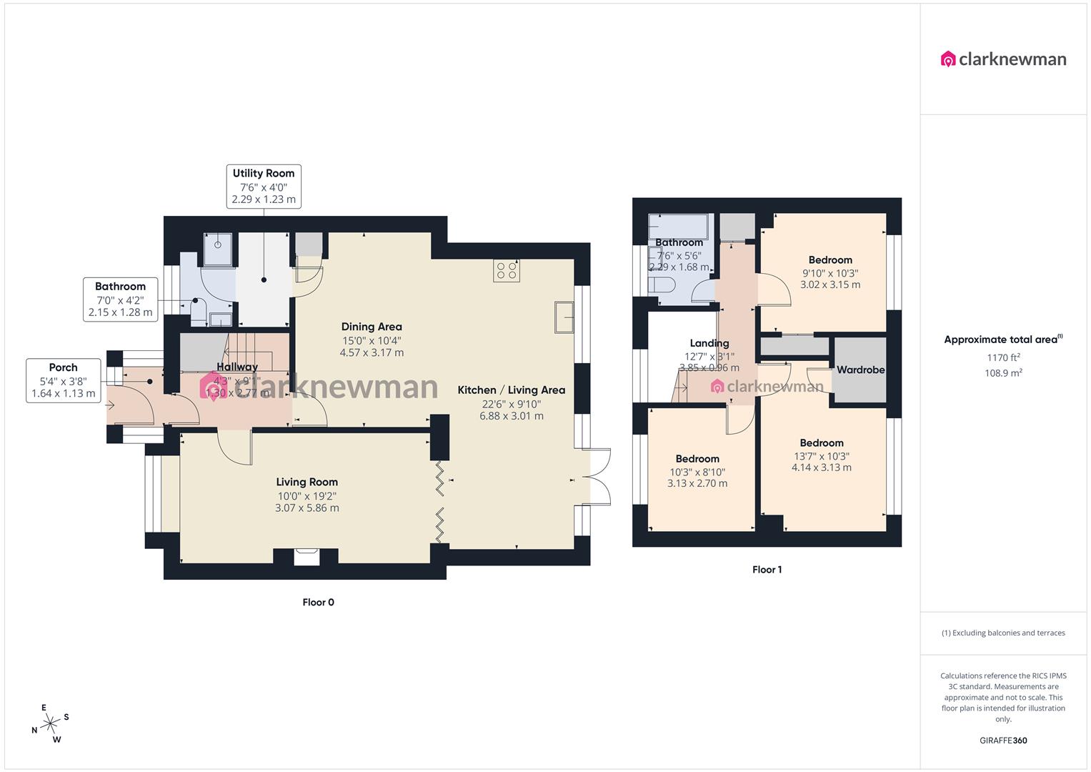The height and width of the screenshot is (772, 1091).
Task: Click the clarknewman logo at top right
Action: coord(1003,59)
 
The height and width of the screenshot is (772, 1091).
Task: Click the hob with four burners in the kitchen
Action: coord(507,271)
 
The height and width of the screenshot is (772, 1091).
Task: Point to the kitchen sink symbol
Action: coord(564,317)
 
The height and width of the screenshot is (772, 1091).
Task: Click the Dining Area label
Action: coord(372,327)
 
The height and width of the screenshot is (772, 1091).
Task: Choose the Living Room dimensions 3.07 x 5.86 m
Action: coord(307,508)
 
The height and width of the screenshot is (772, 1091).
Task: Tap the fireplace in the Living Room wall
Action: coord(307,555)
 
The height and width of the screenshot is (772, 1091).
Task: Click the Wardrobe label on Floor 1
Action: coord(860,370)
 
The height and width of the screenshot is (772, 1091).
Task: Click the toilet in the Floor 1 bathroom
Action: coord(662,286)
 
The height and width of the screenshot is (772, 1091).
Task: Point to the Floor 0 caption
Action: coord(318,603)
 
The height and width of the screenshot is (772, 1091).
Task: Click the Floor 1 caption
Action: coord(767,570)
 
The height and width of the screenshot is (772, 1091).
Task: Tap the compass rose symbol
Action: coord(50,723)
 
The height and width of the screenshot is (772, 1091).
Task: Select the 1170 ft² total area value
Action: coord(1003,358)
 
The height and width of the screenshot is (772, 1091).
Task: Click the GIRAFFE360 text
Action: coord(1003,741)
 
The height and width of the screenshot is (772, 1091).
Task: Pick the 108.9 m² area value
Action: coord(1003,373)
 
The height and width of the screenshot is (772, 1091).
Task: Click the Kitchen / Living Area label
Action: coord(512,390)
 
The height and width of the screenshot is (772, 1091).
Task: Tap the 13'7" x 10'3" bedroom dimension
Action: coord(822,456)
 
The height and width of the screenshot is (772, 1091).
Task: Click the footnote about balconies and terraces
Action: coord(1003,633)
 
